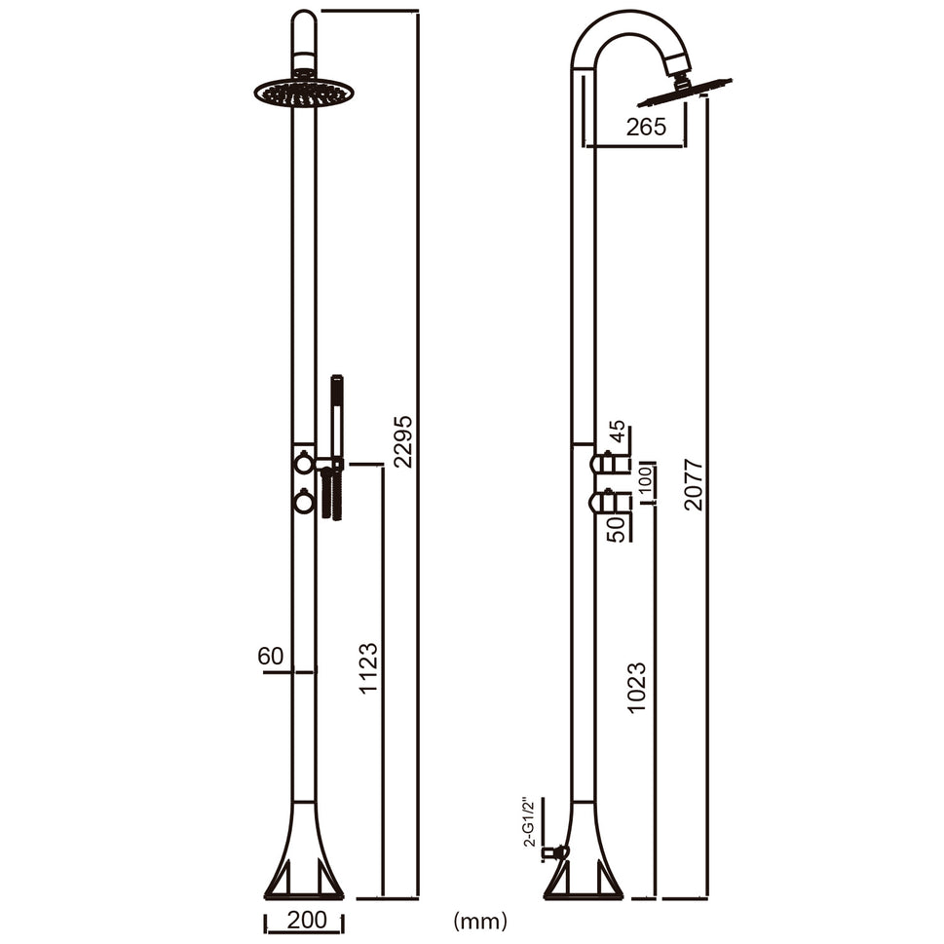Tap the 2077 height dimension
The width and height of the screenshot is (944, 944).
tap(693, 484)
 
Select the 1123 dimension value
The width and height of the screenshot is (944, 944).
tap(368, 667)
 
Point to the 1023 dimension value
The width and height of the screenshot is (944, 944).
tap(637, 688)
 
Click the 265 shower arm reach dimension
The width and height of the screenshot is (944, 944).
tap(646, 127)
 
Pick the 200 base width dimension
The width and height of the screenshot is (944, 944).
tap(305, 920)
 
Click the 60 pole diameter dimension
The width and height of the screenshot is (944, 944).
tap(271, 656)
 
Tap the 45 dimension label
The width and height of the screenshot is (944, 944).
tap(617, 432)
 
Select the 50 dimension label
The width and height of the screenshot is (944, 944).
tap(617, 529)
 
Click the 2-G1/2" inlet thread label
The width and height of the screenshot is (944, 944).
tap(529, 821)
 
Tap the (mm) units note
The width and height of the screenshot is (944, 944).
tap(479, 920)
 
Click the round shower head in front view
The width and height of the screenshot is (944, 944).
tap(304, 94)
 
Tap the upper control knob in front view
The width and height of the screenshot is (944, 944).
tap(304, 464)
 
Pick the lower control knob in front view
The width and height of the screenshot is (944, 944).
tap(304, 502)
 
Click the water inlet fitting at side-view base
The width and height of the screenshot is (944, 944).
tap(555, 852)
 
